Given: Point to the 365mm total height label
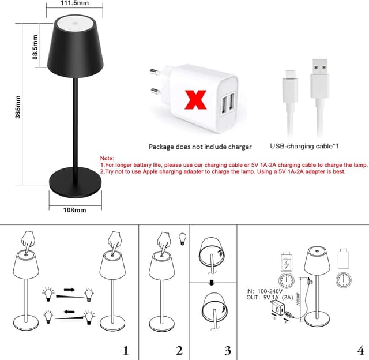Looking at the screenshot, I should tap(18, 106).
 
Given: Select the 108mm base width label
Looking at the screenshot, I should tap(74, 210).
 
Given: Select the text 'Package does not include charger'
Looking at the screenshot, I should tap(200, 147).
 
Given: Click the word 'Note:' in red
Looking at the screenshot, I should tap(107, 157).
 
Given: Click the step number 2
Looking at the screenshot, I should tap(179, 350).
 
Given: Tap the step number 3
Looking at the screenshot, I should tap(228, 350).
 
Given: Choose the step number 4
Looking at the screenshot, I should tap(360, 350).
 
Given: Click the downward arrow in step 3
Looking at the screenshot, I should tap(213, 283).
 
